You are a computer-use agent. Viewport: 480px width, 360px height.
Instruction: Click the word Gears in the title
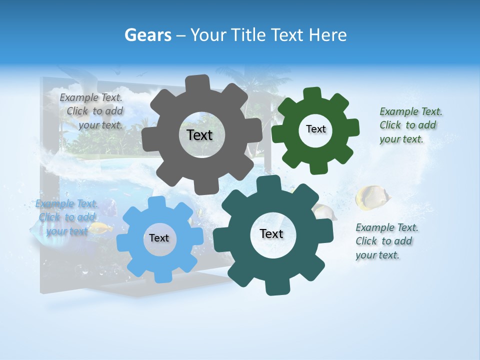pyautogui.click(x=147, y=35)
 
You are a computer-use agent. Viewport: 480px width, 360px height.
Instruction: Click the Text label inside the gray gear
pyautogui.click(x=199, y=135)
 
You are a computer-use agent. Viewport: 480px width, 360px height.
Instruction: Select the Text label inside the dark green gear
pyautogui.click(x=315, y=129)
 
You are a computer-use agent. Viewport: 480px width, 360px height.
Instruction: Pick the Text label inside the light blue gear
pyautogui.click(x=159, y=238)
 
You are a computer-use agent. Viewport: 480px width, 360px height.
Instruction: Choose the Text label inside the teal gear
pyautogui.click(x=271, y=233)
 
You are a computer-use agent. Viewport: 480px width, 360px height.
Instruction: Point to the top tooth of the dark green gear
pyautogui.click(x=312, y=94)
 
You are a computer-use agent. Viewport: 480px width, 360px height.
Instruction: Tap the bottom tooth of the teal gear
pyautogui.click(x=274, y=287)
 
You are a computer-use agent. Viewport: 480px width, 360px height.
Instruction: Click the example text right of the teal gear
pyautogui.click(x=386, y=241)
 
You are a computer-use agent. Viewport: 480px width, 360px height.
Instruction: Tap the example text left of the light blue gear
pyautogui.click(x=66, y=217)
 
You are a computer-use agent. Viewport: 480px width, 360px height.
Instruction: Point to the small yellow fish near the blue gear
pyautogui.click(x=101, y=228)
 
